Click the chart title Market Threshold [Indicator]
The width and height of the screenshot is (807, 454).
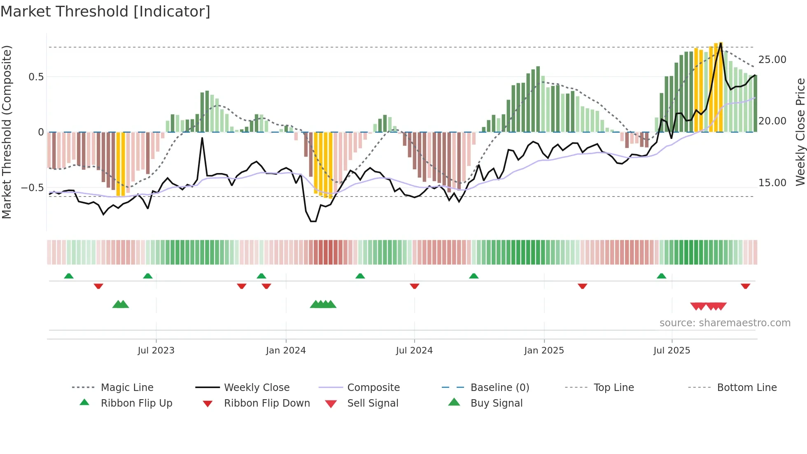pos(105,12)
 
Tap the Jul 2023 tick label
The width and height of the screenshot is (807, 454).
pos(156,351)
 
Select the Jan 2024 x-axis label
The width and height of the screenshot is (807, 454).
pos(286,351)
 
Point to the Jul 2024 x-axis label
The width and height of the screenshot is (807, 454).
pos(414,351)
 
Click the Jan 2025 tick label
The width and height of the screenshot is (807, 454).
pos(544,351)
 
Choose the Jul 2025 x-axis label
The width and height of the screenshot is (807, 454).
pos(672,351)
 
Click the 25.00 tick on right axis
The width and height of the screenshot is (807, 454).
pos(772,60)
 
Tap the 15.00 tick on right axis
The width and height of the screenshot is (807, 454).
pos(772,183)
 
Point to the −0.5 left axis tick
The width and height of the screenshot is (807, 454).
pos(32,188)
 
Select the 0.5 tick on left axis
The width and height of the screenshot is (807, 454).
pos(36,77)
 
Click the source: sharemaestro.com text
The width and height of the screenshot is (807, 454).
pos(725,323)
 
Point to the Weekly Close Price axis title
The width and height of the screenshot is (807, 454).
pos(800,132)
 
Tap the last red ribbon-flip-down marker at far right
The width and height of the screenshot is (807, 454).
pos(745,286)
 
